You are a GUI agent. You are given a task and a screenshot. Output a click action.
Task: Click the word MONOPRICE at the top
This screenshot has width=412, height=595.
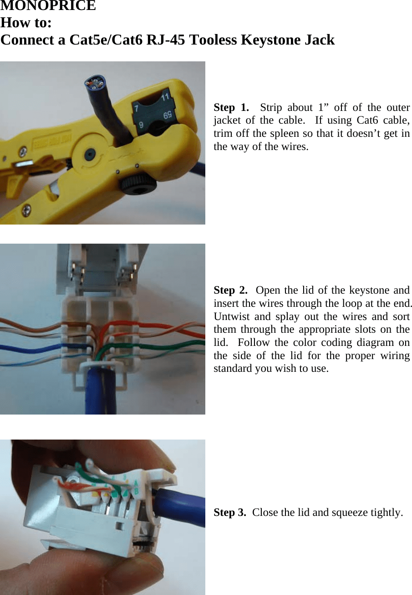tap(48, 5)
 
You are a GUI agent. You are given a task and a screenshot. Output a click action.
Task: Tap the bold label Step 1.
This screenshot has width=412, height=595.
tap(231, 107)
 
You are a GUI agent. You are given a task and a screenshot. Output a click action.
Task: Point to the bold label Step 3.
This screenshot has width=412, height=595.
tap(230, 512)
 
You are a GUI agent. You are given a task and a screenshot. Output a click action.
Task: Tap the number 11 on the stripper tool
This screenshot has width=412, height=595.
tap(165, 97)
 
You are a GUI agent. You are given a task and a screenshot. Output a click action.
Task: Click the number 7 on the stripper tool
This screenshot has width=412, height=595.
tap(136, 108)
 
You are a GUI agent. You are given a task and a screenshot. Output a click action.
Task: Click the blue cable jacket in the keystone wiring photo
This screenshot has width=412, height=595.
tap(101, 390)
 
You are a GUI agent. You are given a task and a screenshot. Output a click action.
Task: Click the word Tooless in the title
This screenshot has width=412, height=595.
tap(213, 40)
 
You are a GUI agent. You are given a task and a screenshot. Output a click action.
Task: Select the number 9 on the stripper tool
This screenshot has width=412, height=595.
tap(141, 124)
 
